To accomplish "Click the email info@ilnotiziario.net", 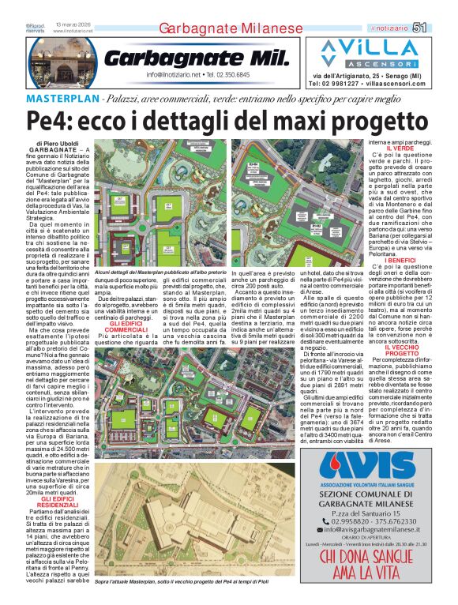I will (175, 75).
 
